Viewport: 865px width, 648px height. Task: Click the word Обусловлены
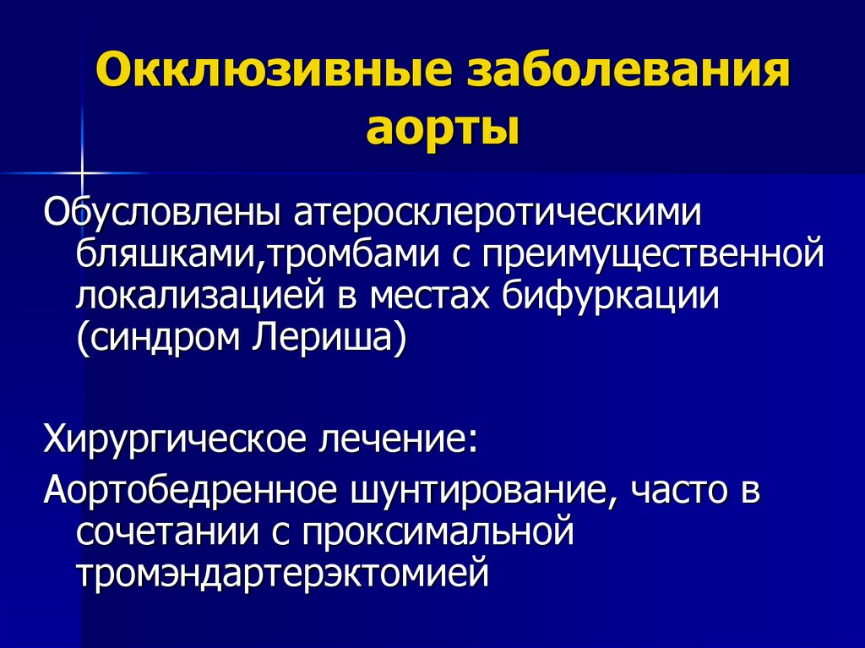click(161, 213)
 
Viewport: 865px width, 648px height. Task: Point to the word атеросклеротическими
click(498, 213)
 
